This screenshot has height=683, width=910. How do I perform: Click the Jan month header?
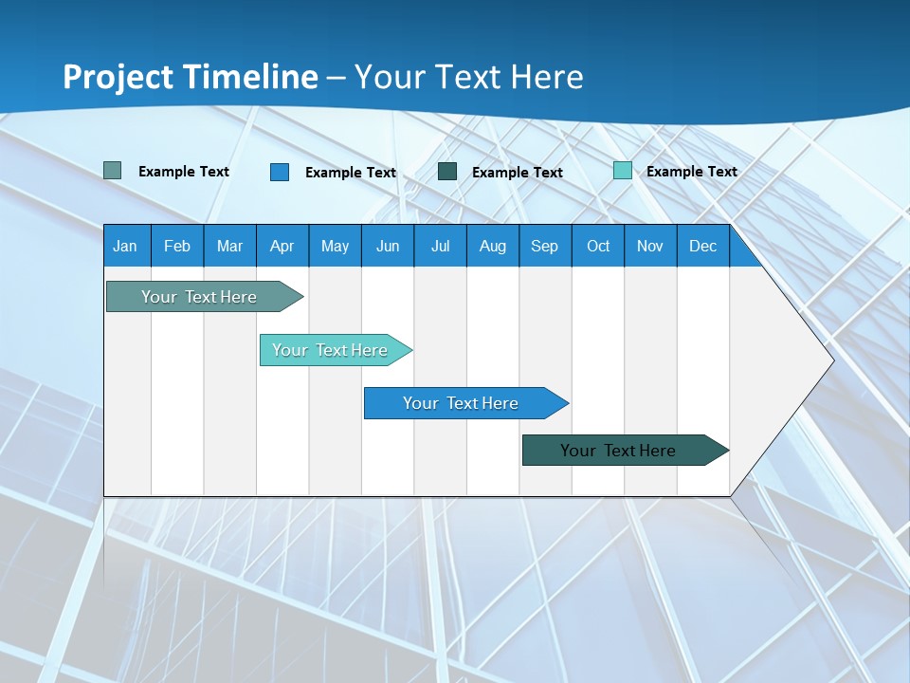pyautogui.click(x=125, y=246)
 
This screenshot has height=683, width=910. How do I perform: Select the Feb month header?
pyautogui.click(x=177, y=246)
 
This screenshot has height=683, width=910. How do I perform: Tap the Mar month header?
pyautogui.click(x=229, y=246)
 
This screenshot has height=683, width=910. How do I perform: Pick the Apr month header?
pyautogui.click(x=282, y=246)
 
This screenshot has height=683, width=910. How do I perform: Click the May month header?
pyautogui.click(x=335, y=246)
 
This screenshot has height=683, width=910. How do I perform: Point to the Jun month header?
pyautogui.click(x=388, y=246)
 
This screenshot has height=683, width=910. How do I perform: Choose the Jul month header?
pyautogui.click(x=440, y=246)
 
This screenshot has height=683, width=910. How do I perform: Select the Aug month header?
pyautogui.click(x=493, y=246)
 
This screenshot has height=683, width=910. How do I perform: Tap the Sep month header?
pyautogui.click(x=545, y=246)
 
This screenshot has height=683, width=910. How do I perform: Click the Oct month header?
pyautogui.click(x=598, y=246)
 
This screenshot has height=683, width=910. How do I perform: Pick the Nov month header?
pyautogui.click(x=650, y=246)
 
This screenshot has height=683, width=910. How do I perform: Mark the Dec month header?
pyautogui.click(x=703, y=246)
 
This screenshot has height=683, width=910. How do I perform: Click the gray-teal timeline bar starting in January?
pyautogui.click(x=199, y=297)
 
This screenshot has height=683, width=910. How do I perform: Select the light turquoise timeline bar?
pyautogui.click(x=330, y=350)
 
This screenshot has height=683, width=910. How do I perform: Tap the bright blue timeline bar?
pyautogui.click(x=461, y=403)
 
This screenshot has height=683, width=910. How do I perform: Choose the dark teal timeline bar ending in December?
pyautogui.click(x=618, y=451)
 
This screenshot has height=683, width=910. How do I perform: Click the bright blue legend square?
pyautogui.click(x=280, y=172)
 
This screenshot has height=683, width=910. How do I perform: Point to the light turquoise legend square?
pyautogui.click(x=623, y=171)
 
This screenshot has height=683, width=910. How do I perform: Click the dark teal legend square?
pyautogui.click(x=447, y=172)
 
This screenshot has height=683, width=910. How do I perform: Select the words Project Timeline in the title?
pyautogui.click(x=191, y=77)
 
